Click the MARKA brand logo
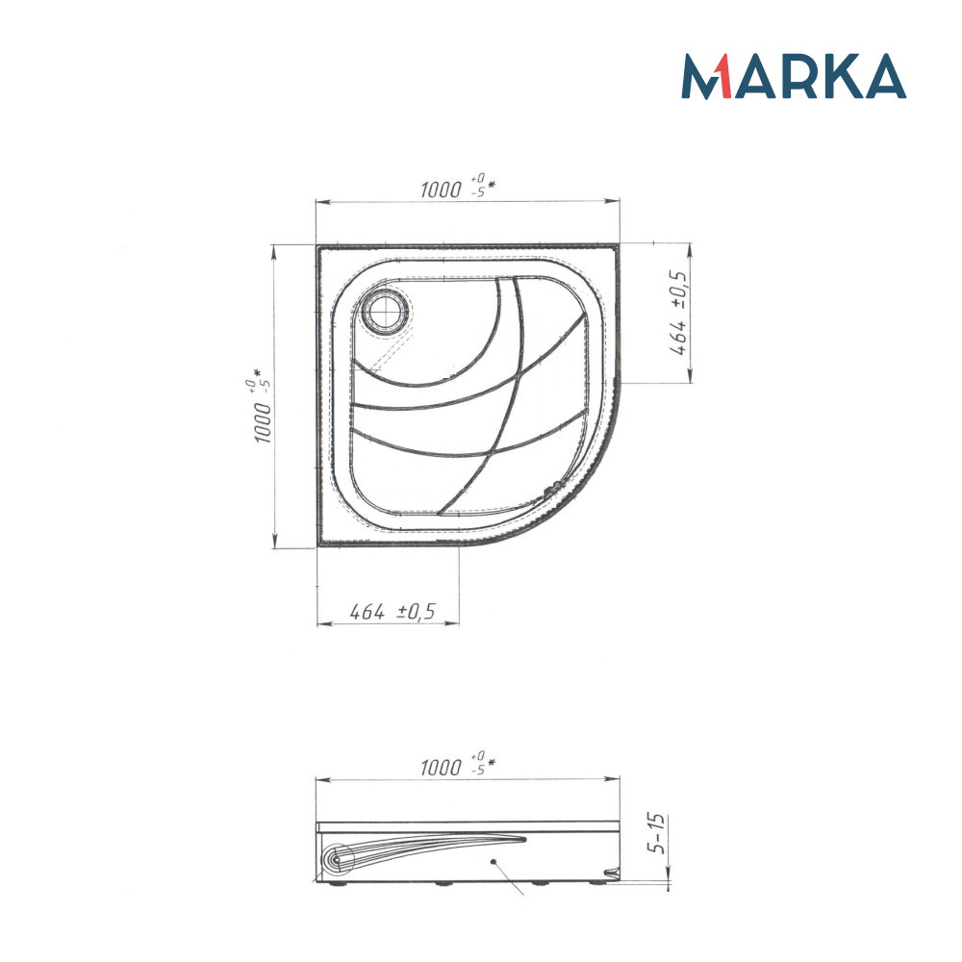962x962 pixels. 794,76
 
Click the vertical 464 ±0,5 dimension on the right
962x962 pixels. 678,313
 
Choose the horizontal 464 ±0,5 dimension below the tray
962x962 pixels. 392,611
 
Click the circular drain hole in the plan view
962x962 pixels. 386,311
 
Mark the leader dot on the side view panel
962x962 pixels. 492,862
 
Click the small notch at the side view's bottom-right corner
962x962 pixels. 607,874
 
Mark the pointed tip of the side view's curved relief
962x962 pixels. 524,839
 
